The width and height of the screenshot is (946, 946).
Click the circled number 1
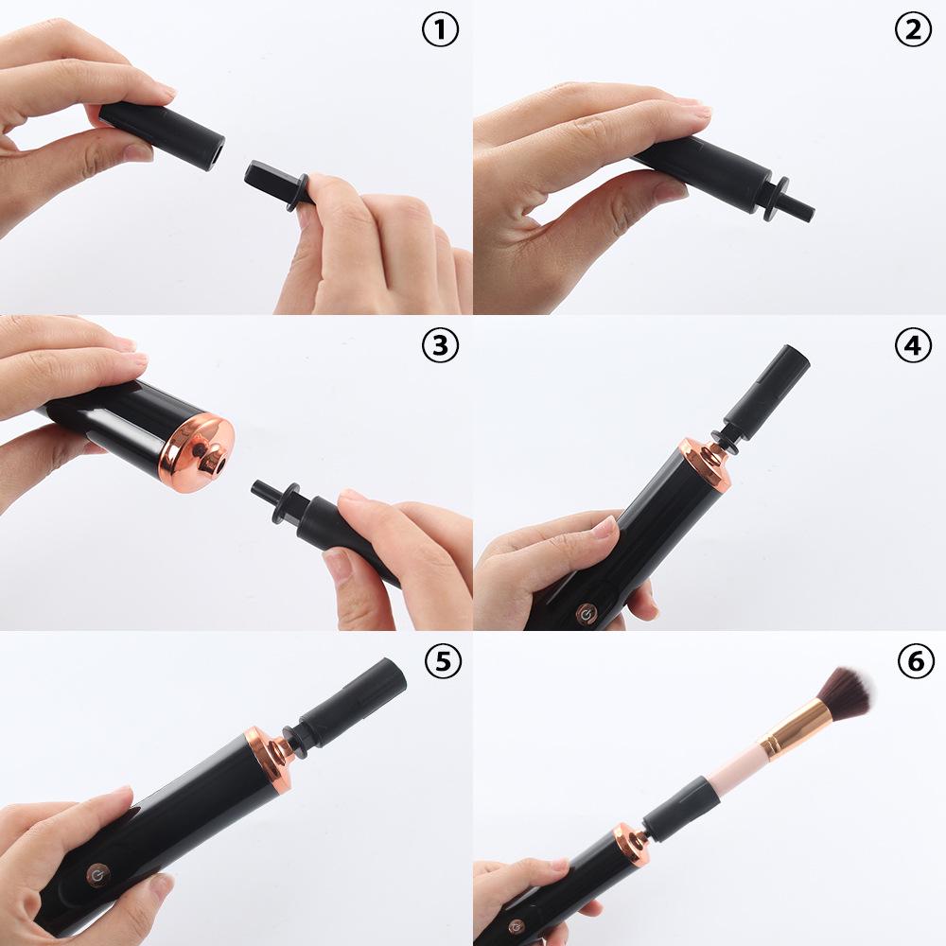tap(439, 30)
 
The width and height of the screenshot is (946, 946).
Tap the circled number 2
tap(912, 30)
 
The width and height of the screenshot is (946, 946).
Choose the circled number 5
tap(439, 661)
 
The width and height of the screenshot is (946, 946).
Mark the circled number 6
tap(912, 661)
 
